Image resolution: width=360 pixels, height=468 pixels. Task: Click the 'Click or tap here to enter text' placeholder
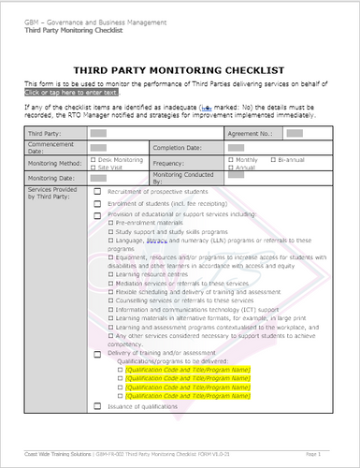[72, 93]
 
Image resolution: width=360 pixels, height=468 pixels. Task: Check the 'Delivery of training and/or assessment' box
[97, 352]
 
